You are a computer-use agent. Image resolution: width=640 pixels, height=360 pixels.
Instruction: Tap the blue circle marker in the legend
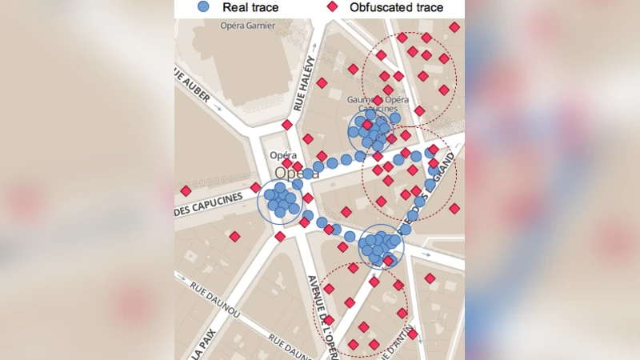point(204,7)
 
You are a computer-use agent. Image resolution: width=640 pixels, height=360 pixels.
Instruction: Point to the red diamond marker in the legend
point(332,7)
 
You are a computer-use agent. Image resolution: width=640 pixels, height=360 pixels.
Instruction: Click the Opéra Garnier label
point(247,26)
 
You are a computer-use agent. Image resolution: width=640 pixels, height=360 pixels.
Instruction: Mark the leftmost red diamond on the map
point(186,190)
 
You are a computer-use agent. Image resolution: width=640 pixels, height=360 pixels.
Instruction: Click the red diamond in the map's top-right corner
point(454,27)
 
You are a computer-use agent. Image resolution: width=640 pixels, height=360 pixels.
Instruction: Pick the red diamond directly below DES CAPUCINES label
point(234,236)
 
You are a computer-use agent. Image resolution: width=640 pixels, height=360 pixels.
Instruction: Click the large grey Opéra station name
point(297,173)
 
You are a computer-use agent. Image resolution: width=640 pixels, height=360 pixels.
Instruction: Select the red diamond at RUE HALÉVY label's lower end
point(287,125)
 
